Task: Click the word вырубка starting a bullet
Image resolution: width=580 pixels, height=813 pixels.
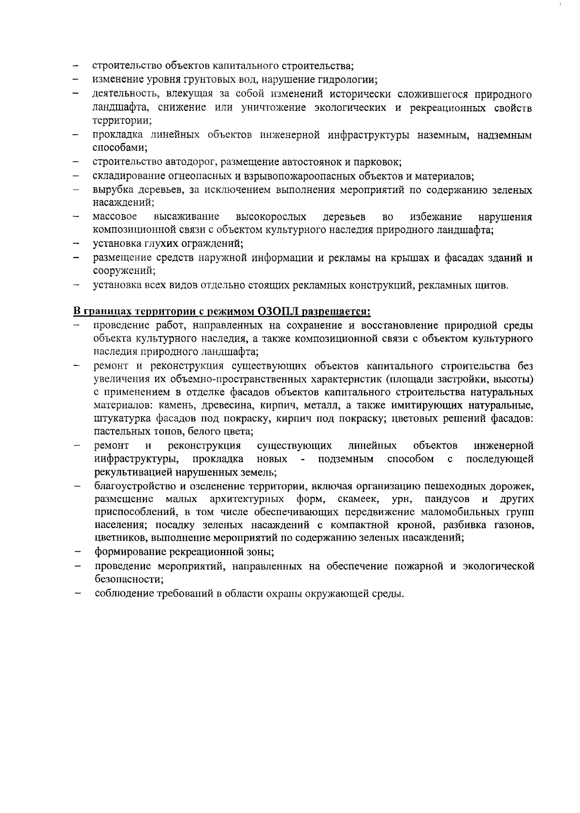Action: tap(111, 190)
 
